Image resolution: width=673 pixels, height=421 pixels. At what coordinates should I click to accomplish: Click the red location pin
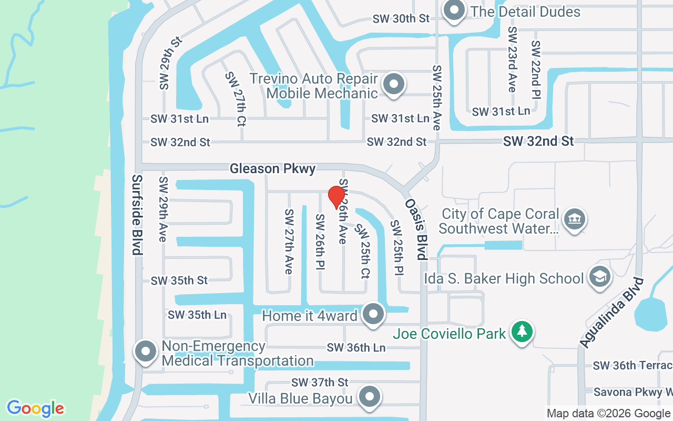point(336,197)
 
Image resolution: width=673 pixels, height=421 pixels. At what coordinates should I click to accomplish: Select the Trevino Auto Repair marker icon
point(393,84)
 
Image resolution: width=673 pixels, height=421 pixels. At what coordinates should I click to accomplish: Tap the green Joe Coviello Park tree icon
point(522,332)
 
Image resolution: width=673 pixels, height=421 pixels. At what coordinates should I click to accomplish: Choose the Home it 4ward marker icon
point(373,314)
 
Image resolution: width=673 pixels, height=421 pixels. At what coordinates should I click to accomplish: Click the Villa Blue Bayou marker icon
point(369,396)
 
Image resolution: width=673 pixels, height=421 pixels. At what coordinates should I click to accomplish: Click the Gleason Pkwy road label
point(273,169)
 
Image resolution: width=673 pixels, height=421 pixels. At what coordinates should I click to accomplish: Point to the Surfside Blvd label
point(137,215)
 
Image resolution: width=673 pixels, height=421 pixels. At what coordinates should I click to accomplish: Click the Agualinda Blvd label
point(612,313)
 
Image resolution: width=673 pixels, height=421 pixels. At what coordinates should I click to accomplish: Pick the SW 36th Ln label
point(356,348)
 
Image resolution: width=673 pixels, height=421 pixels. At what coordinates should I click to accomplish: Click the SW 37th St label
point(320,382)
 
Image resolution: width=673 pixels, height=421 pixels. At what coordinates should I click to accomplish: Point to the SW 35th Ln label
point(197,315)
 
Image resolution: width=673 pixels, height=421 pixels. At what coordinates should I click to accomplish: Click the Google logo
point(36,408)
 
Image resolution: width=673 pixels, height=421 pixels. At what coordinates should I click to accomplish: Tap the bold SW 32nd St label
point(538,141)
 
